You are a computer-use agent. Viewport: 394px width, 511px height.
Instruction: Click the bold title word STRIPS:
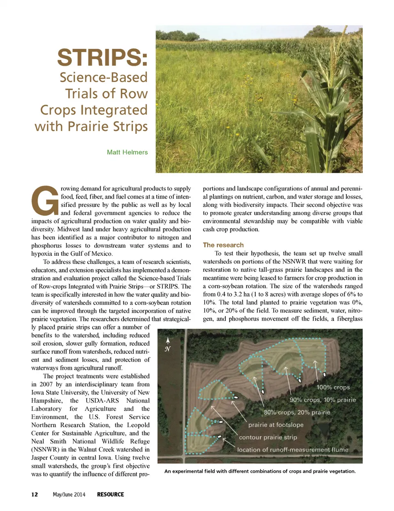point(102,58)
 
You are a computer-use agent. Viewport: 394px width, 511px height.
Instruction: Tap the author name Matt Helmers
point(127,152)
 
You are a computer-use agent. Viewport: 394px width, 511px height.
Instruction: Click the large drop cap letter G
point(45,201)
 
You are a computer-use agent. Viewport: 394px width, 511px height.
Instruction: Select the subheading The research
point(223,245)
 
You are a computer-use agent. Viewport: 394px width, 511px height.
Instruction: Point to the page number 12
point(34,494)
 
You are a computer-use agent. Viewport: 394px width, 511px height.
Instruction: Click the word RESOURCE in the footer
point(110,494)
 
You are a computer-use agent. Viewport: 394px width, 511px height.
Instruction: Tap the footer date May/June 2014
point(69,494)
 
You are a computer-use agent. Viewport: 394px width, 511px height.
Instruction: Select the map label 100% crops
point(333,387)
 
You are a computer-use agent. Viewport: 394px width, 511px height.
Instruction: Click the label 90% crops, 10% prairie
point(323,400)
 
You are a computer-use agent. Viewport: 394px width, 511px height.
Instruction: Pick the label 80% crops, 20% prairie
point(297,412)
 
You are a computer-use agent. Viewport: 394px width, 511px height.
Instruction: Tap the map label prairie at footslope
point(276,425)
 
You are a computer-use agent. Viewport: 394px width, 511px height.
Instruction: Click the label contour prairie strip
point(268,437)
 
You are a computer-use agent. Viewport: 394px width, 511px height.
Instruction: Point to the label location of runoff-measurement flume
point(293,450)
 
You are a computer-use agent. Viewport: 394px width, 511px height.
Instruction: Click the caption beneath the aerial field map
point(260,471)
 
